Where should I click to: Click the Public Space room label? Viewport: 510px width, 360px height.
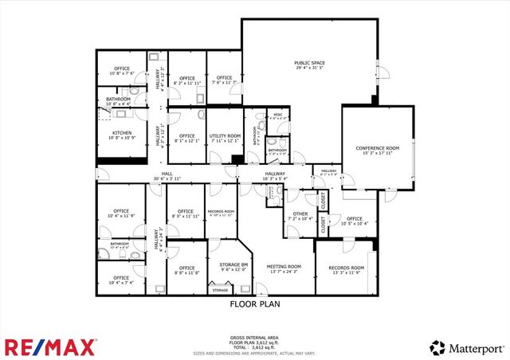311,63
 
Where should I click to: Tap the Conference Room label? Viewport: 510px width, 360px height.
377,149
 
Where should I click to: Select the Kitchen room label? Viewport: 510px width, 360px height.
121,133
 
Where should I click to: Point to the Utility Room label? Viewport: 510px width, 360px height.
225,136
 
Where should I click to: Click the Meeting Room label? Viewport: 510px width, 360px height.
284,267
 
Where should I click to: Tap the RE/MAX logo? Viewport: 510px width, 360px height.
51,346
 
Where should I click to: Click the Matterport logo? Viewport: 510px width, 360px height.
469,347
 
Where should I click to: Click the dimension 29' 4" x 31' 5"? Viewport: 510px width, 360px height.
311,68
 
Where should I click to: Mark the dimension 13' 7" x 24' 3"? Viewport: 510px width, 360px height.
284,272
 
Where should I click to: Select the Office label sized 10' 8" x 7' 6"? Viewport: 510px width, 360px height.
121,68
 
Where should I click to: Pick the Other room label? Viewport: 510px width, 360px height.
300,213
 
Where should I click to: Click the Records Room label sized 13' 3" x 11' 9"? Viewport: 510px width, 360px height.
347,268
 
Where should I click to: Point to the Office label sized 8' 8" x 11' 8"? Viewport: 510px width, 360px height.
187,268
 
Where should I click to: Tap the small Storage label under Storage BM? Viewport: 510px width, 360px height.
220,291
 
